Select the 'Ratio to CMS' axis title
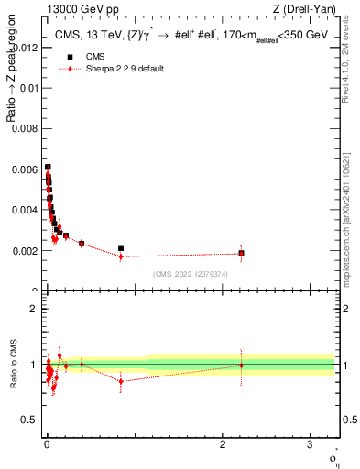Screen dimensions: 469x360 [11, 365]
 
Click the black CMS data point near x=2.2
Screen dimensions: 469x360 [241, 253]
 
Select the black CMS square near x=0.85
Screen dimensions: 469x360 [121, 248]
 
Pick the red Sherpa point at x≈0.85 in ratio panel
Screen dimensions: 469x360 [121, 381]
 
